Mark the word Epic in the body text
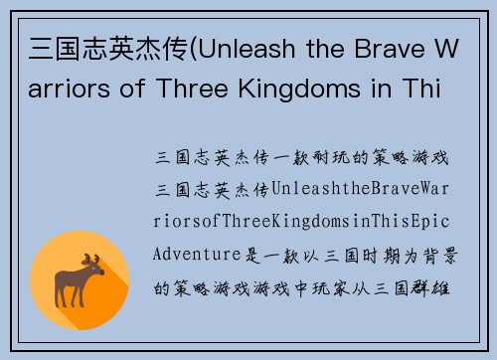[439, 223]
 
